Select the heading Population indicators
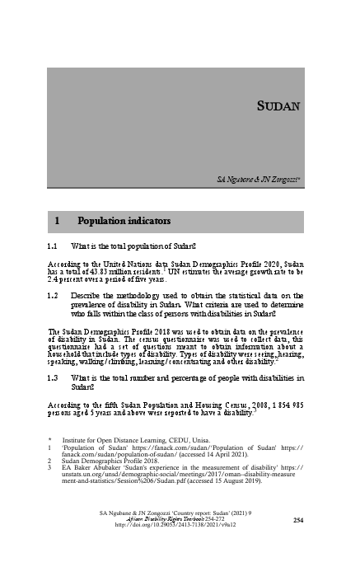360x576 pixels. [x=124, y=222]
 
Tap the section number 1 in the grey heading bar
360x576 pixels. [x=57, y=222]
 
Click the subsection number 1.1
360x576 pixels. [x=52, y=246]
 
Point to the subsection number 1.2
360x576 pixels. [x=52, y=294]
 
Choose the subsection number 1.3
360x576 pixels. [x=52, y=377]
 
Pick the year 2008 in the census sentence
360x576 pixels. [x=227, y=406]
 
